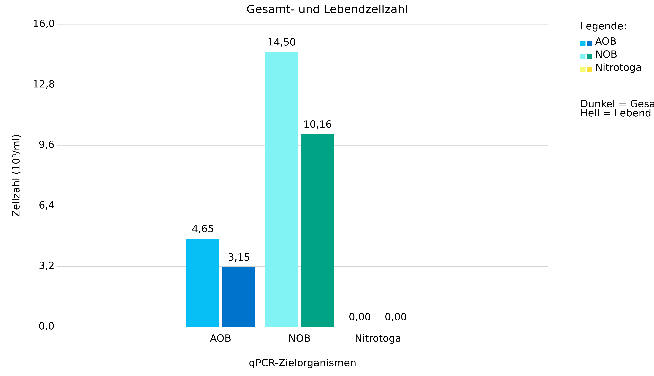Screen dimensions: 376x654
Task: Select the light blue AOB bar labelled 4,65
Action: coord(203,283)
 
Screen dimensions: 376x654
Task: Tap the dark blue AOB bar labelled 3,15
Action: coord(239,297)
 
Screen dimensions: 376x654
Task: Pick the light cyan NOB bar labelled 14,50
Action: coord(281,189)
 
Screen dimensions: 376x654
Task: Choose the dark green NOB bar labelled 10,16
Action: coord(317,231)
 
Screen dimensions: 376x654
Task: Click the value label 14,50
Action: coord(281,42)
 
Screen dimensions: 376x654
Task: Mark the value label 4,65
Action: coord(203,229)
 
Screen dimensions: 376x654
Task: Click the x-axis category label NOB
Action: coord(299,339)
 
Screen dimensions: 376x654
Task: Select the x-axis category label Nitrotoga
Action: coord(378,339)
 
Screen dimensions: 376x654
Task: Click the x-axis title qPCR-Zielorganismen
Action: coord(302,363)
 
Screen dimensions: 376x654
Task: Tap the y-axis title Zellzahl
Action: coord(16,175)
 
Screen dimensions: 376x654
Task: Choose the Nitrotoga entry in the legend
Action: coord(618,68)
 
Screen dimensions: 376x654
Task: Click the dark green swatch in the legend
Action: coord(589,56)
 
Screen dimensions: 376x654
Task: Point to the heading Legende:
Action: coord(603,26)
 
